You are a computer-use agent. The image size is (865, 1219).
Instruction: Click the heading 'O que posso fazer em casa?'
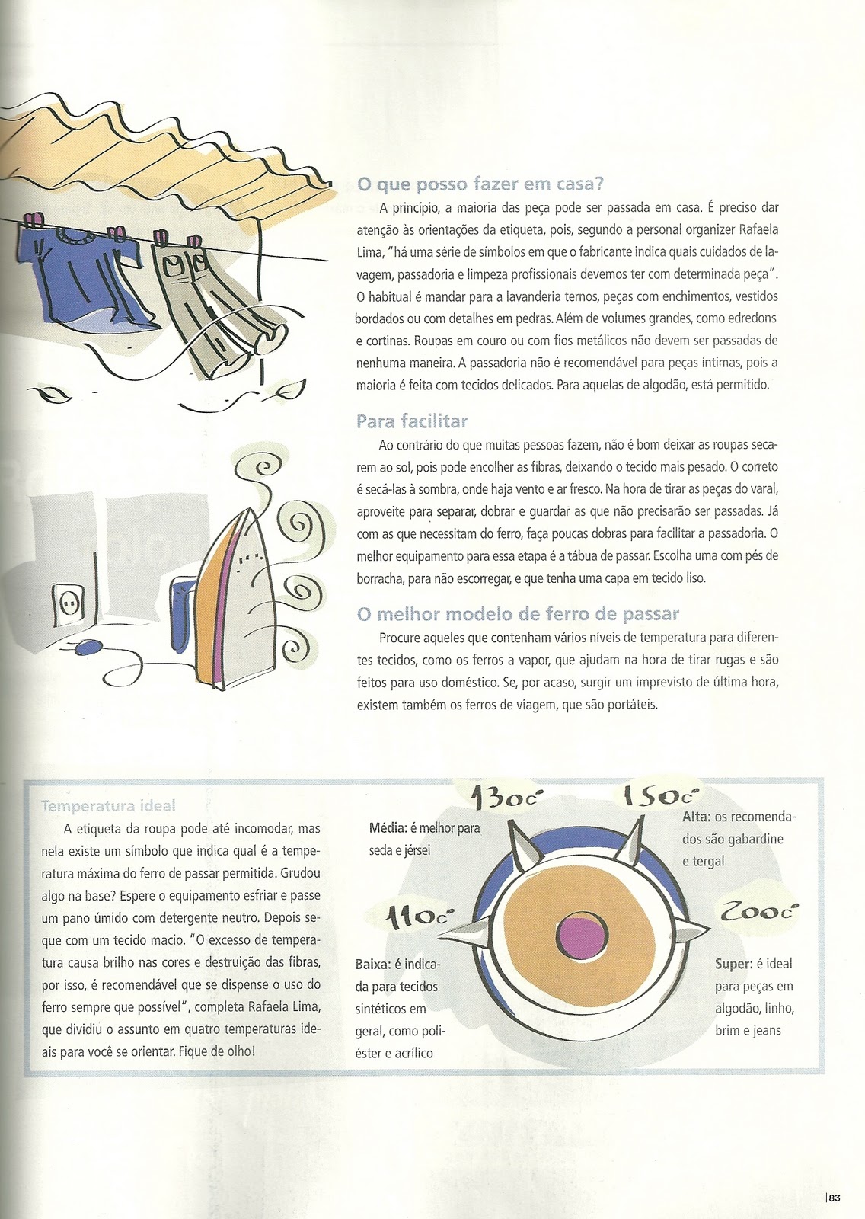coord(480,184)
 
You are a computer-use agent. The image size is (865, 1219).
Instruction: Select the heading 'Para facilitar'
coord(412,421)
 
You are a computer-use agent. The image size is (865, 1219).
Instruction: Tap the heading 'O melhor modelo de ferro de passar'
coord(518,614)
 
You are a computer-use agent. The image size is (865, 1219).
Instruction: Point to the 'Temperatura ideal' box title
coord(108,805)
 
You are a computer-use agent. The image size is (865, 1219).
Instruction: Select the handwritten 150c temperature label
coord(659,796)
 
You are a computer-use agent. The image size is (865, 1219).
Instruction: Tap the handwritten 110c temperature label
coord(417,917)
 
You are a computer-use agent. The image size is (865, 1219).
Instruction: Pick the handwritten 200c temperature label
coord(759,911)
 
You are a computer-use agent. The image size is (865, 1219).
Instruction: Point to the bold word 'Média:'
coord(388,827)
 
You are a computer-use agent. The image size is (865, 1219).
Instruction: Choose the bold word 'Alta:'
coord(697,816)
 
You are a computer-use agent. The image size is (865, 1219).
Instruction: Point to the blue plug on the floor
coord(88,647)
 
